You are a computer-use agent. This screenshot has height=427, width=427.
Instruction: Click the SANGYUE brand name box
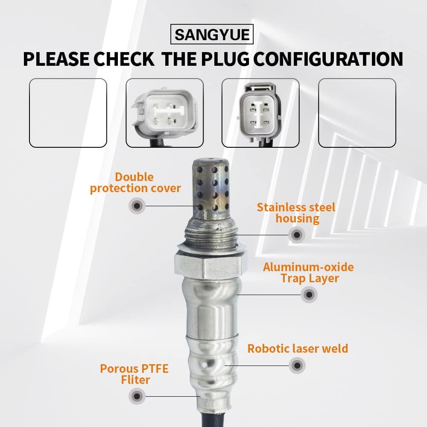(x=212, y=34)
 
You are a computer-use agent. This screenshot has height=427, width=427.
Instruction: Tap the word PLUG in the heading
(x=225, y=59)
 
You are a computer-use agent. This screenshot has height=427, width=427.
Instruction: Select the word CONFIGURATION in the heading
(x=328, y=59)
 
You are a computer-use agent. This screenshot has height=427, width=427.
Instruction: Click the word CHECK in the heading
(x=124, y=59)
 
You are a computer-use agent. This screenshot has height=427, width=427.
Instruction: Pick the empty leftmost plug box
(x=68, y=113)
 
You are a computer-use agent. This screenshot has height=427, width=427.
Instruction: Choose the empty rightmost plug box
(x=357, y=113)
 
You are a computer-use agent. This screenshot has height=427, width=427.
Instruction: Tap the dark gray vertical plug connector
(x=260, y=113)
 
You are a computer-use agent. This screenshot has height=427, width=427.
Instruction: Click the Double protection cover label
(x=135, y=183)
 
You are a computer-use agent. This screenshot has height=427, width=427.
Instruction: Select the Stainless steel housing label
(x=296, y=213)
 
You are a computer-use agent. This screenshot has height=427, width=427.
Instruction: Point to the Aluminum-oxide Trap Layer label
(x=309, y=272)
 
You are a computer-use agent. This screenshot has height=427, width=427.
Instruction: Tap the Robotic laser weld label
(x=298, y=348)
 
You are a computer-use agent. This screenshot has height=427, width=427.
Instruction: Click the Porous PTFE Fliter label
(x=135, y=374)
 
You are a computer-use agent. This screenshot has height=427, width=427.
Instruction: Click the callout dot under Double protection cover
(x=137, y=206)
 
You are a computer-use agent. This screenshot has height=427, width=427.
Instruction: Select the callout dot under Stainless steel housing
(x=297, y=235)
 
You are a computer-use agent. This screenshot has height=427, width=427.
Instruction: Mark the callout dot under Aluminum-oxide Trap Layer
(x=309, y=294)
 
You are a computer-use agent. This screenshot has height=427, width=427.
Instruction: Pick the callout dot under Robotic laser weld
(x=297, y=366)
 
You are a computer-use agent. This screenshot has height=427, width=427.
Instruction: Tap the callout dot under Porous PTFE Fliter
(x=137, y=396)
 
